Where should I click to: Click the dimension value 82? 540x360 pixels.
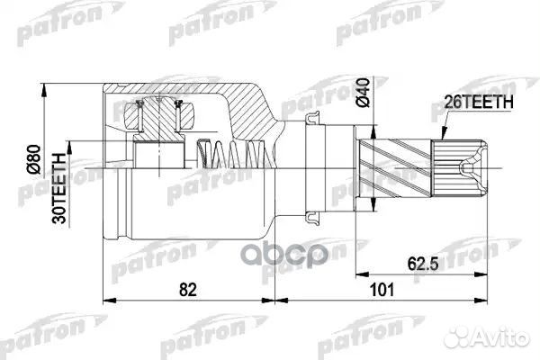tap(188, 290)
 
